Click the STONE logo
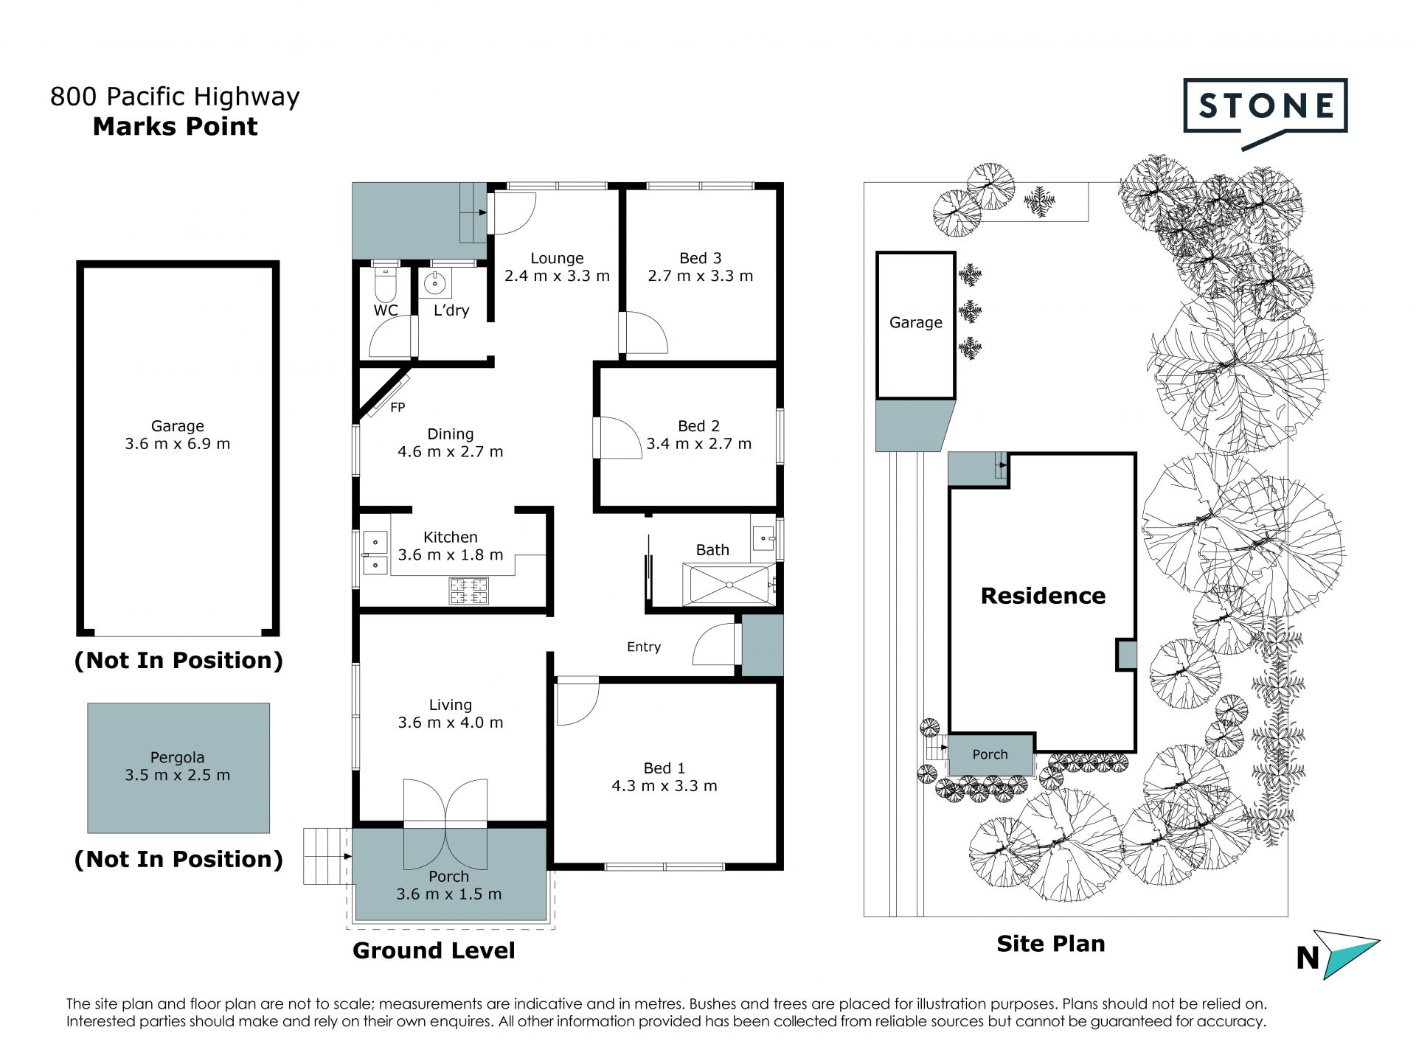coord(1265,112)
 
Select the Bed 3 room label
coord(700,258)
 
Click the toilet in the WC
coord(386,282)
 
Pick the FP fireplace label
coord(398,407)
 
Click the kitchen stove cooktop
coord(468,591)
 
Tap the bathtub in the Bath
coord(729,585)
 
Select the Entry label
coord(644,647)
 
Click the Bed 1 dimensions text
coord(664,786)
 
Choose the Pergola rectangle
coord(178,768)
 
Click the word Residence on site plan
coord(1043,596)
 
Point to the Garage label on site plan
coord(915,322)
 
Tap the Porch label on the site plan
coord(990,754)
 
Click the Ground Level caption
coord(434,950)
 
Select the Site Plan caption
coord(1050,944)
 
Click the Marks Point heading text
coord(176,127)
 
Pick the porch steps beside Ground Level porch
coord(324,856)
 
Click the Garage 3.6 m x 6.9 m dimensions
coord(178,444)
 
